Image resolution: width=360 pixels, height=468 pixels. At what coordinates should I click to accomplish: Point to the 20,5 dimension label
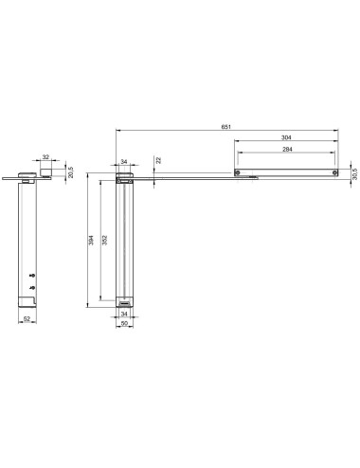tap(69, 172)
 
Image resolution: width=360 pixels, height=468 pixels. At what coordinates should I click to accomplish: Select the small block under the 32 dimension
tap(45, 171)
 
